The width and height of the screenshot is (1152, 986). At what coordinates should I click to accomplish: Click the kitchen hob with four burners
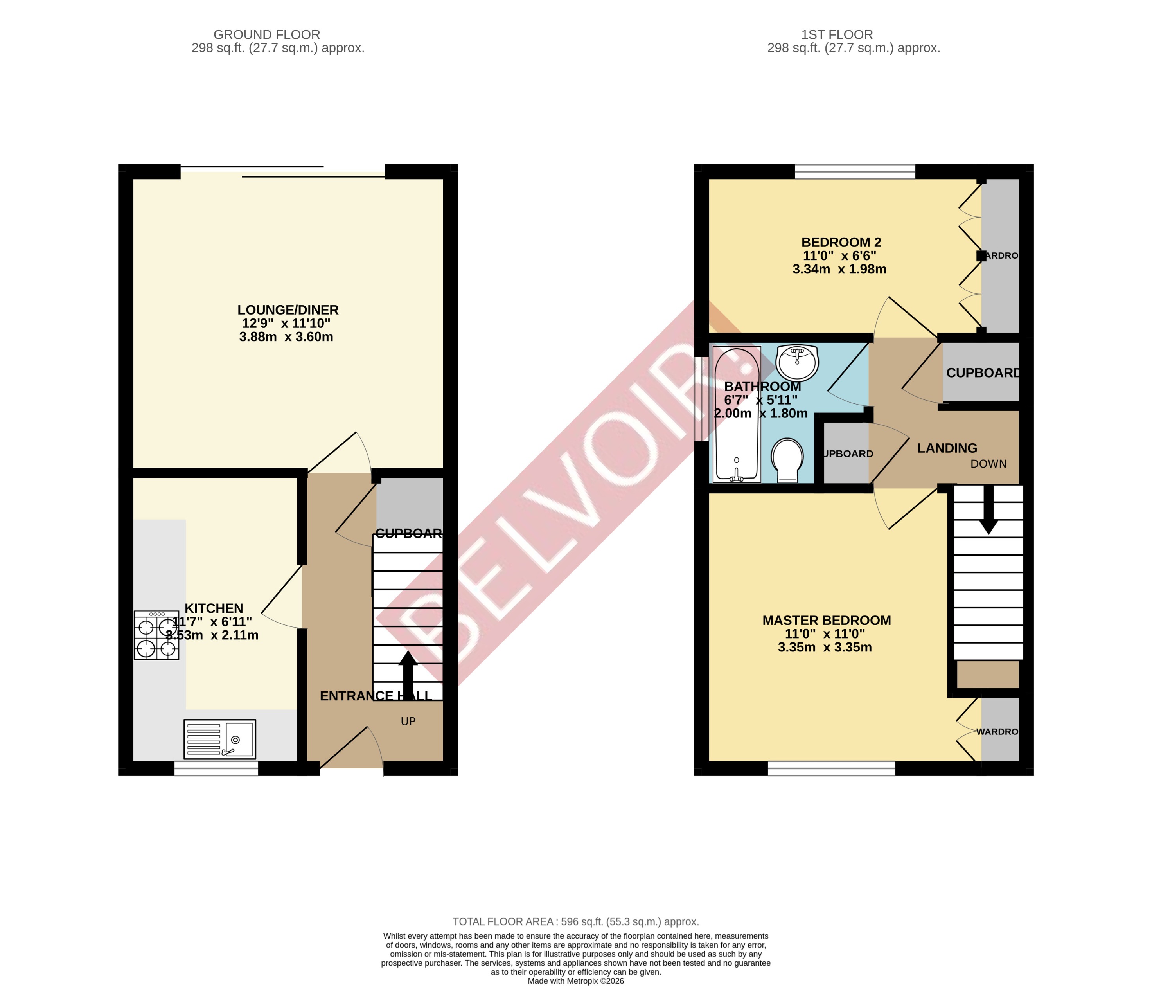(x=156, y=635)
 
